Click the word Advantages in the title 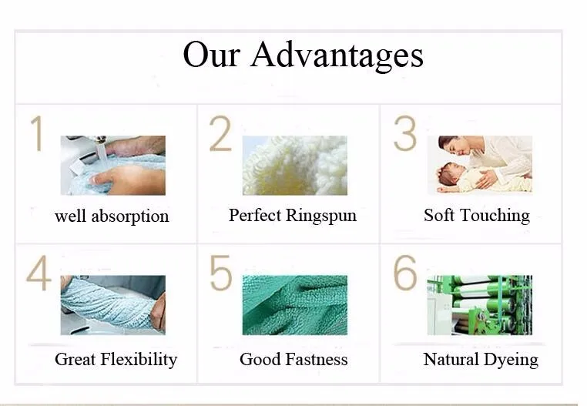(337, 55)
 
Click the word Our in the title (211, 55)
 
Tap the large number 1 (37, 133)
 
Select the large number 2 (220, 134)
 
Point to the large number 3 (405, 134)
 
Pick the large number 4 (39, 273)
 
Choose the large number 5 (220, 273)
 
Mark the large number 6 (405, 273)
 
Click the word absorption (130, 216)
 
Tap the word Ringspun (321, 216)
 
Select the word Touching (495, 216)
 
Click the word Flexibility (139, 360)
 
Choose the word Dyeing (511, 360)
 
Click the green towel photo (295, 305)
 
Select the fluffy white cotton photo (295, 165)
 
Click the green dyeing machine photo (480, 305)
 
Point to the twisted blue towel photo (113, 305)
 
